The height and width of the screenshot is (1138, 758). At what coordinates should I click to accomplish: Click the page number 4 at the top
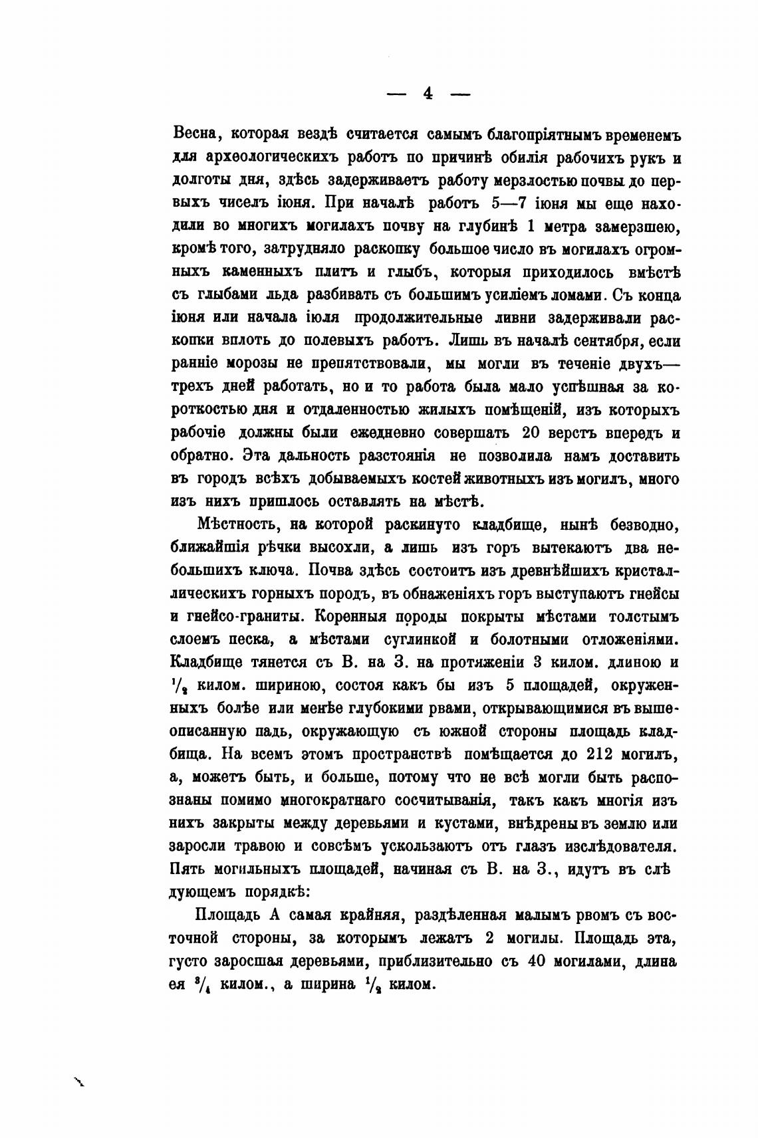(428, 94)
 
